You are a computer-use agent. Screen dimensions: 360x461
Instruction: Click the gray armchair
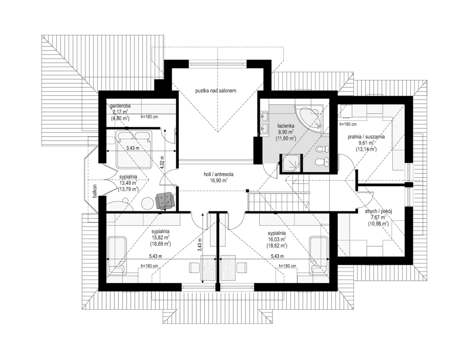click(x=164, y=200)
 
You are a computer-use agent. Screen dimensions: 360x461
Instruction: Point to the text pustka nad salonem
click(x=215, y=91)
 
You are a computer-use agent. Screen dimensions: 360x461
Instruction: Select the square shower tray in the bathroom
click(x=291, y=164)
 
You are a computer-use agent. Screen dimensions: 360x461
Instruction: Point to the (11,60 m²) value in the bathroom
click(x=284, y=139)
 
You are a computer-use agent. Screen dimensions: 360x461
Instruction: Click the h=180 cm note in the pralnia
click(x=348, y=124)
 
